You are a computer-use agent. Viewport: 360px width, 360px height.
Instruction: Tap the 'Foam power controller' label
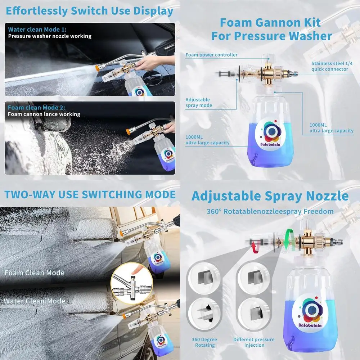click(211, 55)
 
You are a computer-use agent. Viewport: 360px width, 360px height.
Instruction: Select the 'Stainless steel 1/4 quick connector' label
click(329, 66)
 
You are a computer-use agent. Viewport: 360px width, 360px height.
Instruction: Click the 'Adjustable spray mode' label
click(198, 103)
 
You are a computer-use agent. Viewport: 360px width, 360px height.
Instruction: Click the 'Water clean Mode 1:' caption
click(37, 30)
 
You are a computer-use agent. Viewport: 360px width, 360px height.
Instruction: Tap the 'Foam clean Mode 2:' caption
click(37, 108)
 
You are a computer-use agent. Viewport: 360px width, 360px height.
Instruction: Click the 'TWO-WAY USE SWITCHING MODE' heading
click(90, 194)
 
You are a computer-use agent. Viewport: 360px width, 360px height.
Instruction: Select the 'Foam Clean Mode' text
click(35, 273)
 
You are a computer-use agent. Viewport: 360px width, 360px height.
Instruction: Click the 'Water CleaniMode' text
click(35, 301)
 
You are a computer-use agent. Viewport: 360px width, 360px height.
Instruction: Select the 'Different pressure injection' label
click(253, 342)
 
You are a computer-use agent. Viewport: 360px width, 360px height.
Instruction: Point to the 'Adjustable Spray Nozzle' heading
click(270, 196)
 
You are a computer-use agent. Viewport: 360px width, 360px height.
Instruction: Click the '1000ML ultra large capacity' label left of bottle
click(207, 140)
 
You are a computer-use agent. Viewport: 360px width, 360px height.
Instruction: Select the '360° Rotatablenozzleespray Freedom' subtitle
click(270, 211)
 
